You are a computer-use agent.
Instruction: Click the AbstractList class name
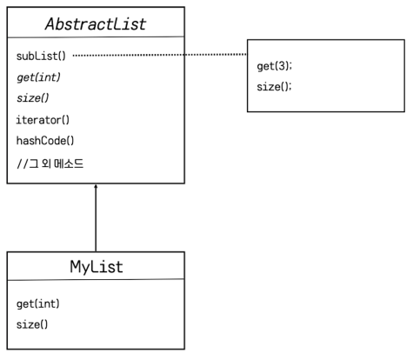tap(95, 23)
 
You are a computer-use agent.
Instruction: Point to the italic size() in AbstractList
tap(32, 97)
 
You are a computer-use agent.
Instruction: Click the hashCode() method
tap(45, 139)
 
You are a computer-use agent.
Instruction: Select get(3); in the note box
tap(274, 66)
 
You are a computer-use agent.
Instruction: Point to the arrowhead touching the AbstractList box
tap(96, 187)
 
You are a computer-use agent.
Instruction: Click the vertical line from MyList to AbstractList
tap(96, 219)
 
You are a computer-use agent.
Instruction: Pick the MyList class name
tap(95, 266)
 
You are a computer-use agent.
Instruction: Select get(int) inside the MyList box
tap(37, 304)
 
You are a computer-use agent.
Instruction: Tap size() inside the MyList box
tap(32, 324)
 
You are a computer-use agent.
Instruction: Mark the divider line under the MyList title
tap(95, 280)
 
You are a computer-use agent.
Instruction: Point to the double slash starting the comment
tap(20, 162)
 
